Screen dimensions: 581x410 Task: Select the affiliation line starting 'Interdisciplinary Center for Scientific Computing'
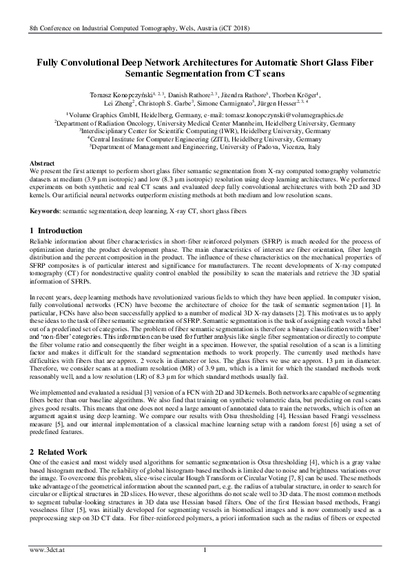pyautogui.click(x=205, y=130)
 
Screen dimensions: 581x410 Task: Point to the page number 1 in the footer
pyautogui.click(x=205, y=569)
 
